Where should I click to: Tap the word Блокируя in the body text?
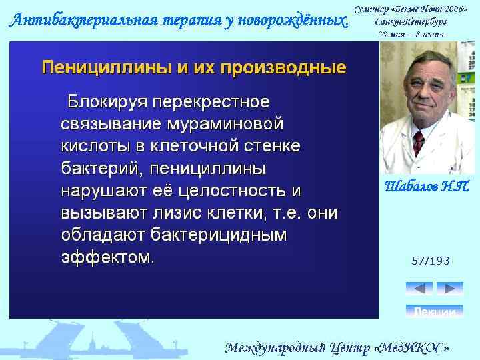pos(106,103)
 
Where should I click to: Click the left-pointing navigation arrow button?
pos(419,289)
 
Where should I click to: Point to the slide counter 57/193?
pos(430,261)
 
